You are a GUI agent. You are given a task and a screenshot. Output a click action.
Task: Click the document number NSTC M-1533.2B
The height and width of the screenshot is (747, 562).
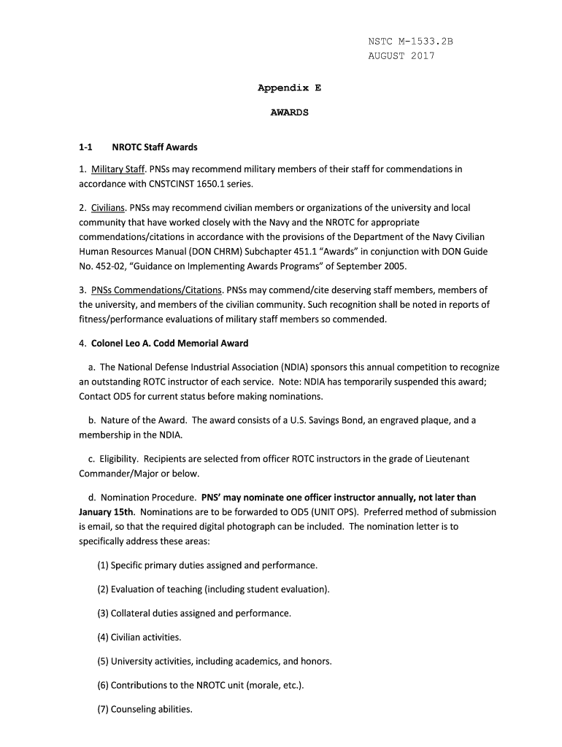pos(410,42)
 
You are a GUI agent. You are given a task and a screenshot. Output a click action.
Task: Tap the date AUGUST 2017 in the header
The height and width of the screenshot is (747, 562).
pos(401,56)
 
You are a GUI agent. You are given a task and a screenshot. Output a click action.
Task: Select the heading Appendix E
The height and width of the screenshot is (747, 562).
pos(289,88)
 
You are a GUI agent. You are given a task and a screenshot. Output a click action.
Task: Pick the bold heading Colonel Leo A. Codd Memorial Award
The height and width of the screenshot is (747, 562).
pos(169,343)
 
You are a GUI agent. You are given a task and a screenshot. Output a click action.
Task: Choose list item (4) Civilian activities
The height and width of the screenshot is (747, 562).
pos(139,638)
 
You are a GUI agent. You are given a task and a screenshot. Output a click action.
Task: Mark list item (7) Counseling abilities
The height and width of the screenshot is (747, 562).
pos(145,709)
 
